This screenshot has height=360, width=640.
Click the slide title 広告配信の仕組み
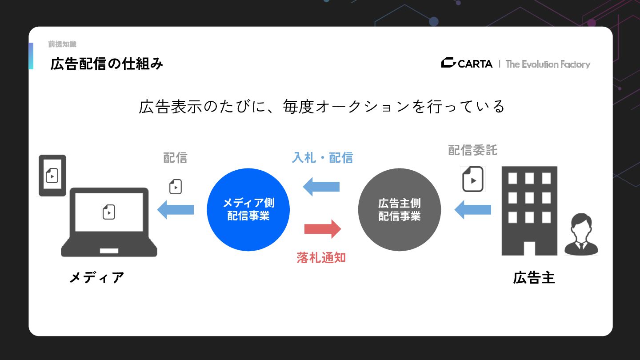coord(107,64)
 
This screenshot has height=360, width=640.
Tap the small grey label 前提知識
coord(62,44)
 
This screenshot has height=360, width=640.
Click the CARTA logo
coord(467,64)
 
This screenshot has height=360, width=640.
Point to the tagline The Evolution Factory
coord(548,64)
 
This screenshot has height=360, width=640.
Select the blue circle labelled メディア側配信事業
coord(248,209)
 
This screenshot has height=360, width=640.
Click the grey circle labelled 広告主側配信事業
coord(400,209)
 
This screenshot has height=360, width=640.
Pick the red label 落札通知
coord(321,258)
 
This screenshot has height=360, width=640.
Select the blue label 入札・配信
coord(322,157)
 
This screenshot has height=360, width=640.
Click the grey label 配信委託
coord(472,150)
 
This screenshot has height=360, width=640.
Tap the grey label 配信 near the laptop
coord(175,157)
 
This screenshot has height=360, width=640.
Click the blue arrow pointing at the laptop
coord(176,209)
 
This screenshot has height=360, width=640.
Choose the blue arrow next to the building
coord(472,209)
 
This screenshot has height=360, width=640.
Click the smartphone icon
coord(52,175)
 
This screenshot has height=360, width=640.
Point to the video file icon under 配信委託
coord(473,180)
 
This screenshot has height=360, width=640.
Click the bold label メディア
coord(96,278)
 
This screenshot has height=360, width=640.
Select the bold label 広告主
coord(534,278)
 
